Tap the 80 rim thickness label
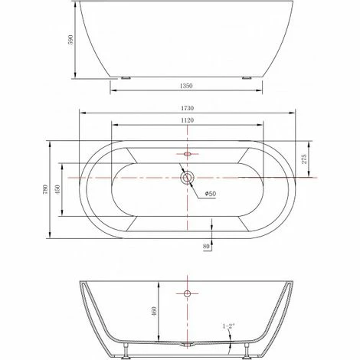tap(206, 247)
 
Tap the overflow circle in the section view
tap(186, 293)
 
